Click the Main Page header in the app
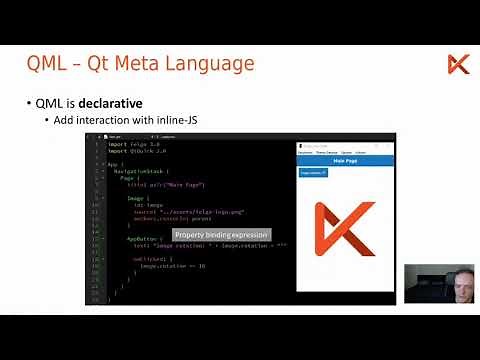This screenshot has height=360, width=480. (x=345, y=160)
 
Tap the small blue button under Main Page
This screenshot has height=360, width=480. (x=313, y=174)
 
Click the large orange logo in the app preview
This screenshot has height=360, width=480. (x=344, y=231)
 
